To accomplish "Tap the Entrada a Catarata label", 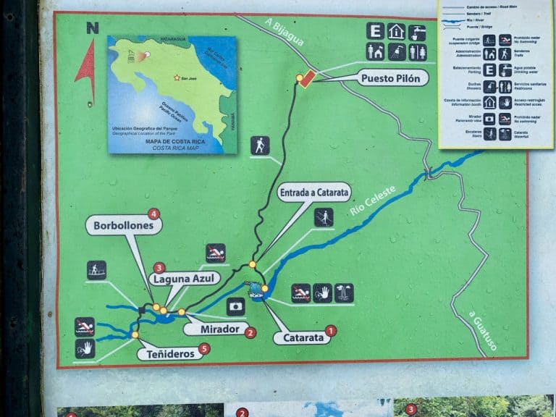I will [x=314, y=193].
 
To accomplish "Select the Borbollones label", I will [x=123, y=226].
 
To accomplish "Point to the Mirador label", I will [x=216, y=329].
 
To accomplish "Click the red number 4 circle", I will [x=153, y=214].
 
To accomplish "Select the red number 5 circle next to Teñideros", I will [x=205, y=349].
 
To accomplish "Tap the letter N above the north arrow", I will [x=92, y=28].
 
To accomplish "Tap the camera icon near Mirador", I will [x=236, y=306].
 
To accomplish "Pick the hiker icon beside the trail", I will [x=260, y=146].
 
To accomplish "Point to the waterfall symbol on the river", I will [x=257, y=290].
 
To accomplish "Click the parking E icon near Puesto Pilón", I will [x=374, y=31].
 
